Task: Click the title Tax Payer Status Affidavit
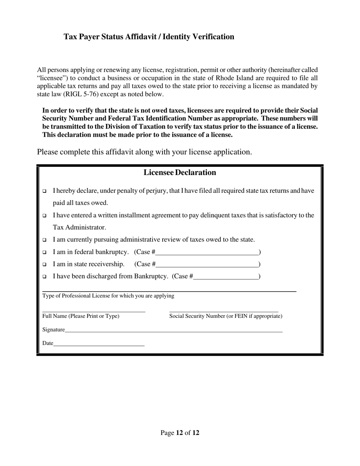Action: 149,37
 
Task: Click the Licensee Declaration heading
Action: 180,173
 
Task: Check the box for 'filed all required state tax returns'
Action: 44,191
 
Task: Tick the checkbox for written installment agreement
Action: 44,216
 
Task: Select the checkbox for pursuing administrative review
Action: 44,240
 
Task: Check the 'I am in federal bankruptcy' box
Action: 44,252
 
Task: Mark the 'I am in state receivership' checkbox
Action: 44,264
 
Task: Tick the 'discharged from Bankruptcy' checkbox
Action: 44,277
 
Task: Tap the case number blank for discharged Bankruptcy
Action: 226,277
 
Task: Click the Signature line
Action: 174,331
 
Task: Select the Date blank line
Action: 99,344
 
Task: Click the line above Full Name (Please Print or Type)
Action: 94,311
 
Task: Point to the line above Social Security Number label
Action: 224,311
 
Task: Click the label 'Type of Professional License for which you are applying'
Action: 108,296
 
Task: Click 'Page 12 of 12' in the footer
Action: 180,433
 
